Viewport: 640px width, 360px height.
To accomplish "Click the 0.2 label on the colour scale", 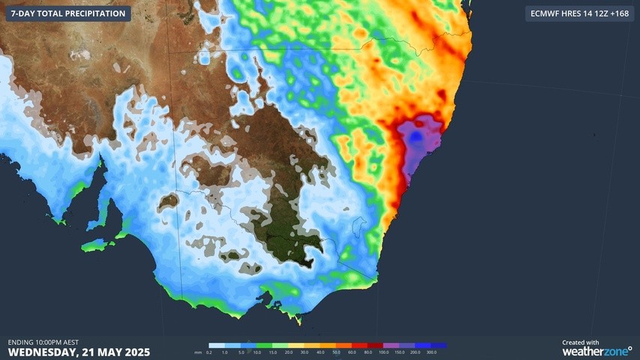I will tap(209, 352).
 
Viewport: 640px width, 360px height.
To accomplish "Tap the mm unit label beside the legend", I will tap(198, 352).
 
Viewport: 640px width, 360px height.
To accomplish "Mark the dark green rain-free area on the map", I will tap(289, 240).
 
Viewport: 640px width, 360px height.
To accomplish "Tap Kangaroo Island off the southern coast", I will tap(100, 245).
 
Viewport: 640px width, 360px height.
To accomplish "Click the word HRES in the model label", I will tap(572, 13).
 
